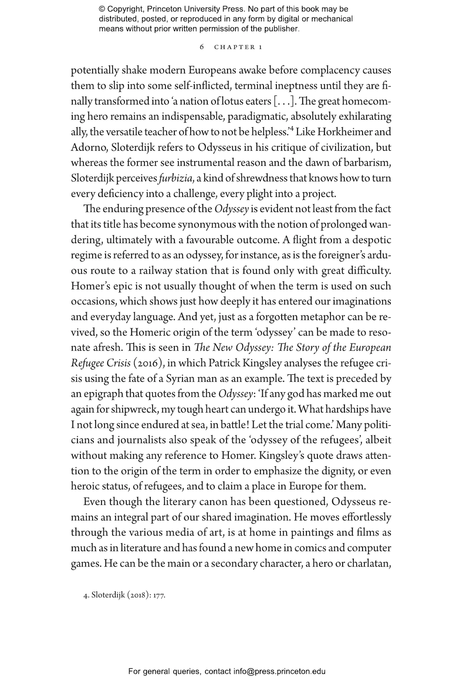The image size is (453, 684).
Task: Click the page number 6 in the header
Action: click(x=202, y=47)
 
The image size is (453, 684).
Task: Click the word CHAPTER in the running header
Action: click(x=234, y=47)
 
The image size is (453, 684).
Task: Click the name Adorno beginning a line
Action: click(x=88, y=147)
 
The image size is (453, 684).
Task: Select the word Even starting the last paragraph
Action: click(x=95, y=502)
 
